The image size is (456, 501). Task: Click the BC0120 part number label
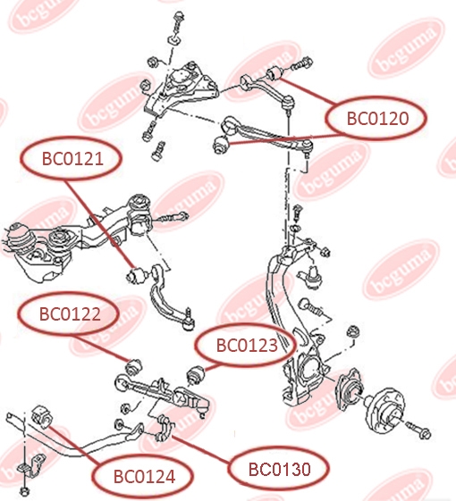(376, 118)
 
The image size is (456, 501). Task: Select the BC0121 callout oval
(71, 158)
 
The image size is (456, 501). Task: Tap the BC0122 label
(69, 313)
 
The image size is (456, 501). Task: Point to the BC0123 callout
(246, 345)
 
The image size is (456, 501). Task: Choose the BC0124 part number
(144, 476)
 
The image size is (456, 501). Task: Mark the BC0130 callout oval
(279, 469)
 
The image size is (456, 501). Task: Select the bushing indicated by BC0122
(134, 366)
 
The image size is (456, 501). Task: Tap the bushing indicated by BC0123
(196, 375)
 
